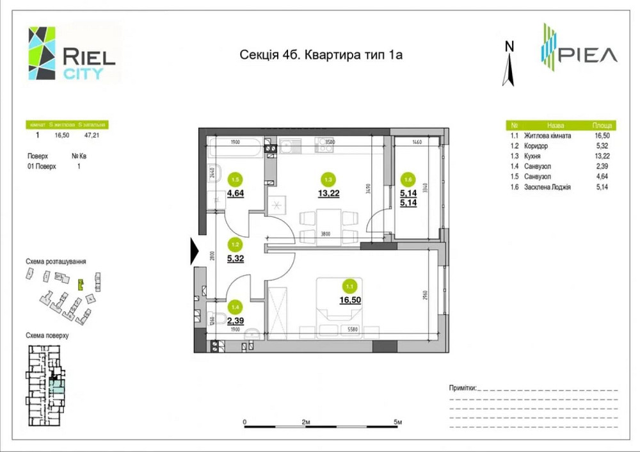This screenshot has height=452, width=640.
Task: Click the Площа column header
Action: (602, 126)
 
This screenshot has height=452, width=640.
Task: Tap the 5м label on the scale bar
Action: (397, 423)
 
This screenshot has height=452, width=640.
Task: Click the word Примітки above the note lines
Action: (463, 388)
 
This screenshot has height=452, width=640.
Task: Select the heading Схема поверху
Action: (47, 335)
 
